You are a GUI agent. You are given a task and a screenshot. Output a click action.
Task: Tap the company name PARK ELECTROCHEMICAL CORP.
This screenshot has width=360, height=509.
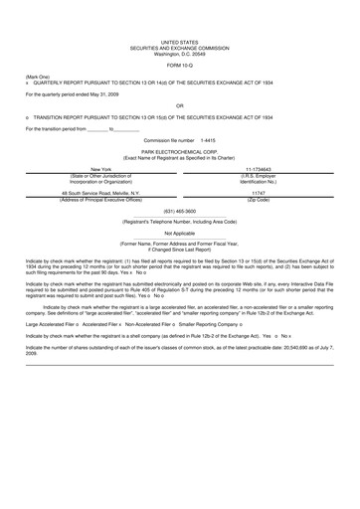179,151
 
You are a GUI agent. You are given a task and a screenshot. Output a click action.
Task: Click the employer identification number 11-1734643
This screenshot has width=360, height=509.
258,170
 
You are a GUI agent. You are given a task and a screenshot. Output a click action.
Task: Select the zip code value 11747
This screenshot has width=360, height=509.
258,194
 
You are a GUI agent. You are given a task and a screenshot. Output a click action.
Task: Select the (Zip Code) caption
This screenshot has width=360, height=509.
258,201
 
